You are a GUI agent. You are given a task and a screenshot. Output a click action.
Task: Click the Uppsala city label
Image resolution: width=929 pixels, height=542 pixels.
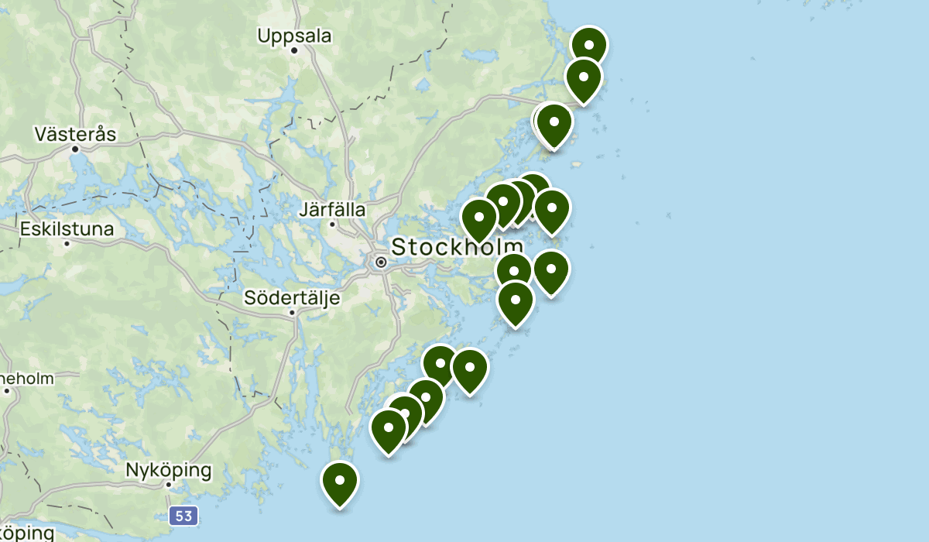tap(294, 36)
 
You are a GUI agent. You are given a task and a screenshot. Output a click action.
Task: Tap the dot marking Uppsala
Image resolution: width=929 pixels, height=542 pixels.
tap(295, 51)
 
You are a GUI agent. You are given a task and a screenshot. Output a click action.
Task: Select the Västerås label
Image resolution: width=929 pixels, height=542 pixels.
tap(75, 134)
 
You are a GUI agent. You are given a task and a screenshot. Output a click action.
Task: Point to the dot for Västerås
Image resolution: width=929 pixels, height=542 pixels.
tap(75, 149)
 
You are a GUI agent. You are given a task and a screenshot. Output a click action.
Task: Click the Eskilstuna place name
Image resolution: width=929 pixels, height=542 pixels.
tap(67, 229)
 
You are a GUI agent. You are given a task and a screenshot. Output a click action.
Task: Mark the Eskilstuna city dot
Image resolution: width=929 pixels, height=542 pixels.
tap(67, 244)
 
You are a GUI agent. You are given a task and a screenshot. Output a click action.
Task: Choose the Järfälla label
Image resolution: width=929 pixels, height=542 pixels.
tap(332, 209)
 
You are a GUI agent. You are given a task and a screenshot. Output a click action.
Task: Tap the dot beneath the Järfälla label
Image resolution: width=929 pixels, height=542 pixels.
tap(332, 225)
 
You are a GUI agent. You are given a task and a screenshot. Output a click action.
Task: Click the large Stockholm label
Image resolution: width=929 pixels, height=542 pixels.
tap(457, 247)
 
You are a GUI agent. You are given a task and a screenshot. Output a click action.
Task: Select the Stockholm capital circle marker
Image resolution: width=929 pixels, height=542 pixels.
tap(381, 262)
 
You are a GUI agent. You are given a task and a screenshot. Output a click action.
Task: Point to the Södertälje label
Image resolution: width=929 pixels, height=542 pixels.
tap(291, 297)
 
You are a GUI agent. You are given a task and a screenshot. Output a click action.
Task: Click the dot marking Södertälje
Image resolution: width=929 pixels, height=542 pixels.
tap(292, 313)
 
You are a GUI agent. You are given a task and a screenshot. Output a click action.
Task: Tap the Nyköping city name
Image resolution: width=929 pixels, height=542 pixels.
tap(168, 470)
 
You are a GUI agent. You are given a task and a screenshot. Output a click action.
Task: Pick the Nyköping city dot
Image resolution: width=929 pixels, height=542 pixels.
tap(169, 485)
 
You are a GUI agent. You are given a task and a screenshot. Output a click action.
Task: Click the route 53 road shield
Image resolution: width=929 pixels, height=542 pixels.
tap(183, 516)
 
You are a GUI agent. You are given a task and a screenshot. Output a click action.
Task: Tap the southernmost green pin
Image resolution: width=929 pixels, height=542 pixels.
tap(340, 481)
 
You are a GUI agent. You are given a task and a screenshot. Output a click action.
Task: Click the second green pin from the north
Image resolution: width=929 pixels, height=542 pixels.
tap(583, 76)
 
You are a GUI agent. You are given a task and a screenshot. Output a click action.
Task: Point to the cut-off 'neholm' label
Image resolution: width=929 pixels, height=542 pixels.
tap(27, 379)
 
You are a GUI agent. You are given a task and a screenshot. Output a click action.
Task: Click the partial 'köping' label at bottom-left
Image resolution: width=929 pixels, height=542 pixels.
tap(27, 533)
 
